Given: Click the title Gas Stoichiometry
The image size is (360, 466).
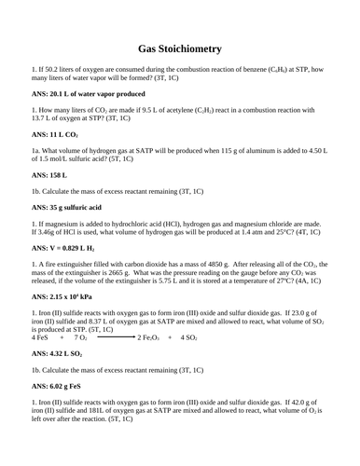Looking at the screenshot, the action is click(x=179, y=48).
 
